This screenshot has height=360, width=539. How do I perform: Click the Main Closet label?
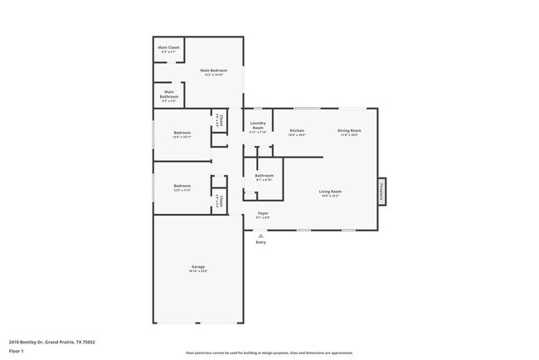click(x=168, y=48)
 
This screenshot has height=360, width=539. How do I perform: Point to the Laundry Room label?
click(x=258, y=127)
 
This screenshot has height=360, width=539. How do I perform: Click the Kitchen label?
click(x=297, y=131)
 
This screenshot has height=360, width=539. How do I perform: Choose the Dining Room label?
click(x=349, y=131)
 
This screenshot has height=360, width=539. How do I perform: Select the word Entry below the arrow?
click(x=261, y=242)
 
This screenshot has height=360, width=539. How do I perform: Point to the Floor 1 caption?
click(x=16, y=351)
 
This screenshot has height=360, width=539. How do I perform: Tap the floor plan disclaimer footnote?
click(x=269, y=353)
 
